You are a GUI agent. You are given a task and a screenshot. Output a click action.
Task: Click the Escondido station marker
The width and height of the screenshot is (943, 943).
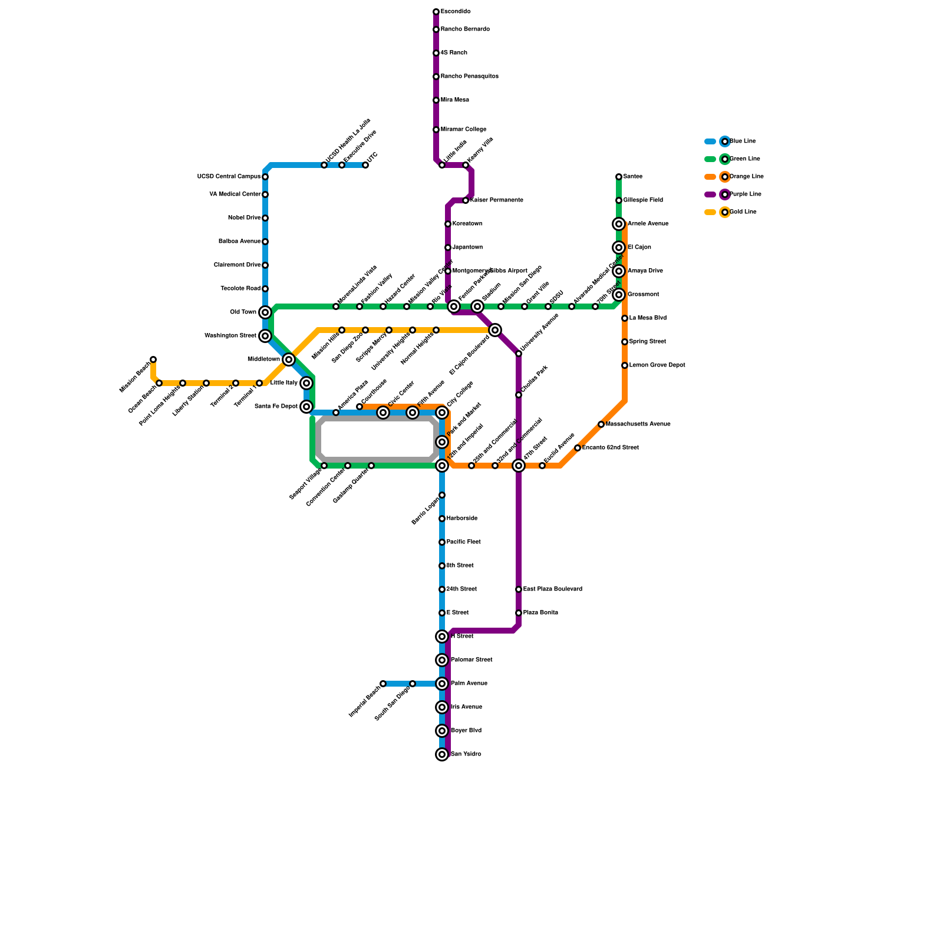pyautogui.click(x=436, y=12)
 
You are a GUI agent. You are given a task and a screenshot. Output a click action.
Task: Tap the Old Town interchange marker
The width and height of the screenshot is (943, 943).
pyautogui.click(x=265, y=312)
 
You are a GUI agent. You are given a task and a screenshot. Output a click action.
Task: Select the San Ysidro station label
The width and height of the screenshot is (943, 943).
pyautogui.click(x=466, y=754)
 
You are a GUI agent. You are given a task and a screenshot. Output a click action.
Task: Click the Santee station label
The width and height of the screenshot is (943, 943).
pyautogui.click(x=632, y=177)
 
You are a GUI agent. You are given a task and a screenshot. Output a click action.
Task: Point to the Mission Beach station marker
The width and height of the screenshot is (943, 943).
pyautogui.click(x=153, y=360)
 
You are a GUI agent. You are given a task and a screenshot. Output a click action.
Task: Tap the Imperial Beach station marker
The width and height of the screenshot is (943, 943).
pyautogui.click(x=383, y=684)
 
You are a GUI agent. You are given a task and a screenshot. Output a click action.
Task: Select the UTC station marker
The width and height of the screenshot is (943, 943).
pyautogui.click(x=365, y=165)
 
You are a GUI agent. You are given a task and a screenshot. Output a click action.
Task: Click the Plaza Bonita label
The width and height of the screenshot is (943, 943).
pyautogui.click(x=540, y=613)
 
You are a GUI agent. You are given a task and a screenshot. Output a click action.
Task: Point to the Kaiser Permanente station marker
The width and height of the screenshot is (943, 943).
pyautogui.click(x=466, y=200)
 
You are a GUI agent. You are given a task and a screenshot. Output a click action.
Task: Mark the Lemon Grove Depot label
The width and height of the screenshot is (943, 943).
pyautogui.click(x=657, y=365)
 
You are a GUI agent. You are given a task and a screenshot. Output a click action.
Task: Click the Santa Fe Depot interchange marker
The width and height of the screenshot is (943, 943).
pyautogui.click(x=306, y=407)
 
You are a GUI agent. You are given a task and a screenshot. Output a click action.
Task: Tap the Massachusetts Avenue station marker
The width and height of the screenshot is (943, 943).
pyautogui.click(x=601, y=424)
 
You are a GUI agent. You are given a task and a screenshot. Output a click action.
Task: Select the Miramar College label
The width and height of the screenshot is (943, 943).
pyautogui.click(x=463, y=130)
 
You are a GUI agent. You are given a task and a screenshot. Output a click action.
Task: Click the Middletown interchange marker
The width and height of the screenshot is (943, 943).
pyautogui.click(x=289, y=360)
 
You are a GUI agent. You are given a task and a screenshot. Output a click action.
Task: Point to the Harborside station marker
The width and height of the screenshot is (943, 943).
pyautogui.click(x=442, y=519)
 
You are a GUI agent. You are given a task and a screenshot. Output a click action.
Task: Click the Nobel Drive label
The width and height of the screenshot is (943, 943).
pyautogui.click(x=244, y=218)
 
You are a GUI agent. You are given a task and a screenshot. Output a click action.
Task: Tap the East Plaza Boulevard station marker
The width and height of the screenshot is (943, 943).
pyautogui.click(x=519, y=589)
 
